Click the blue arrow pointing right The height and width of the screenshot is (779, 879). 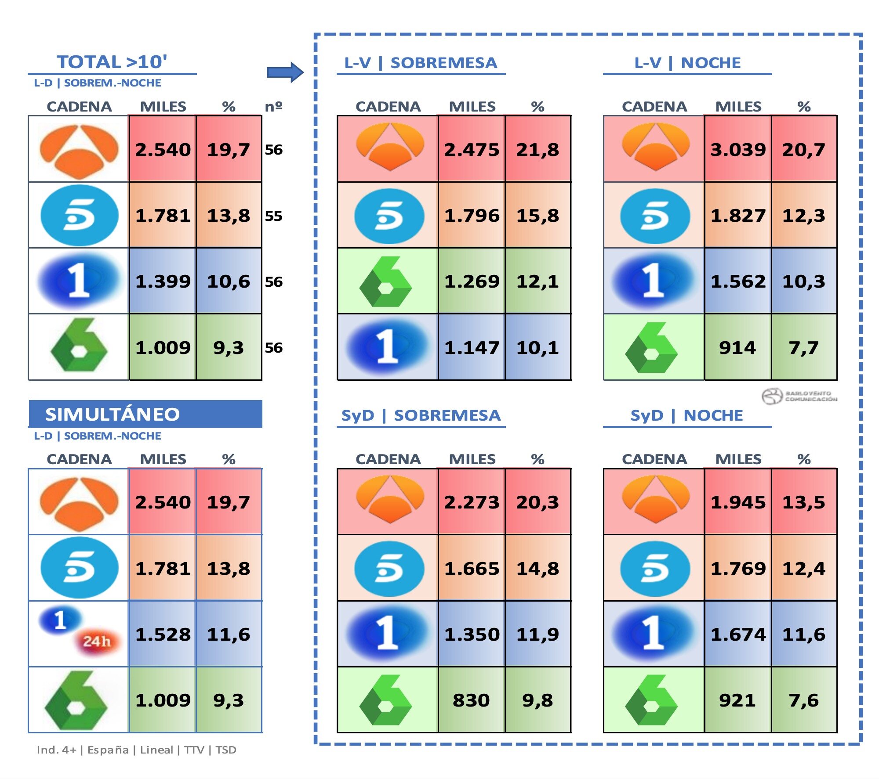coord(285,72)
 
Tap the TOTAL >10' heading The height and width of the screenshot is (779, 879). coord(112,62)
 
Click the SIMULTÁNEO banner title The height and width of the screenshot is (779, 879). coord(113,414)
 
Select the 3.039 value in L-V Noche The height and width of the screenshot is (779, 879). coord(738,150)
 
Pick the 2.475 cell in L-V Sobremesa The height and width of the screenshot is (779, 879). coord(472,150)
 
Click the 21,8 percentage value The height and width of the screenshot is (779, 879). coord(538,150)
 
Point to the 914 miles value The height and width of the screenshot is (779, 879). coord(737,348)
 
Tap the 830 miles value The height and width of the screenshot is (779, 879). coord(471,700)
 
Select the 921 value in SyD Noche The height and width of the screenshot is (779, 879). coord(737,700)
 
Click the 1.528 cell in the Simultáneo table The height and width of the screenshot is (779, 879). coord(163,635)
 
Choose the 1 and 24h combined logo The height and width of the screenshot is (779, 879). coord(79,632)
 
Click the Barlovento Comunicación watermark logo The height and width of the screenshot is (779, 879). coord(799,396)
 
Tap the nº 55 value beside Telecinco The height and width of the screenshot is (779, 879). coord(273,216)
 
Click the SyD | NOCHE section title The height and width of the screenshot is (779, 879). coord(686,415)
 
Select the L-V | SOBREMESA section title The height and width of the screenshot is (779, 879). coord(421,63)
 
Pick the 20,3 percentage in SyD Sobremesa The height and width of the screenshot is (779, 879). coord(538,502)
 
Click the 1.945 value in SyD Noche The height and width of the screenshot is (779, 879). coord(738,502)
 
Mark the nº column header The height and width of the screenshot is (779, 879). coord(273,106)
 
